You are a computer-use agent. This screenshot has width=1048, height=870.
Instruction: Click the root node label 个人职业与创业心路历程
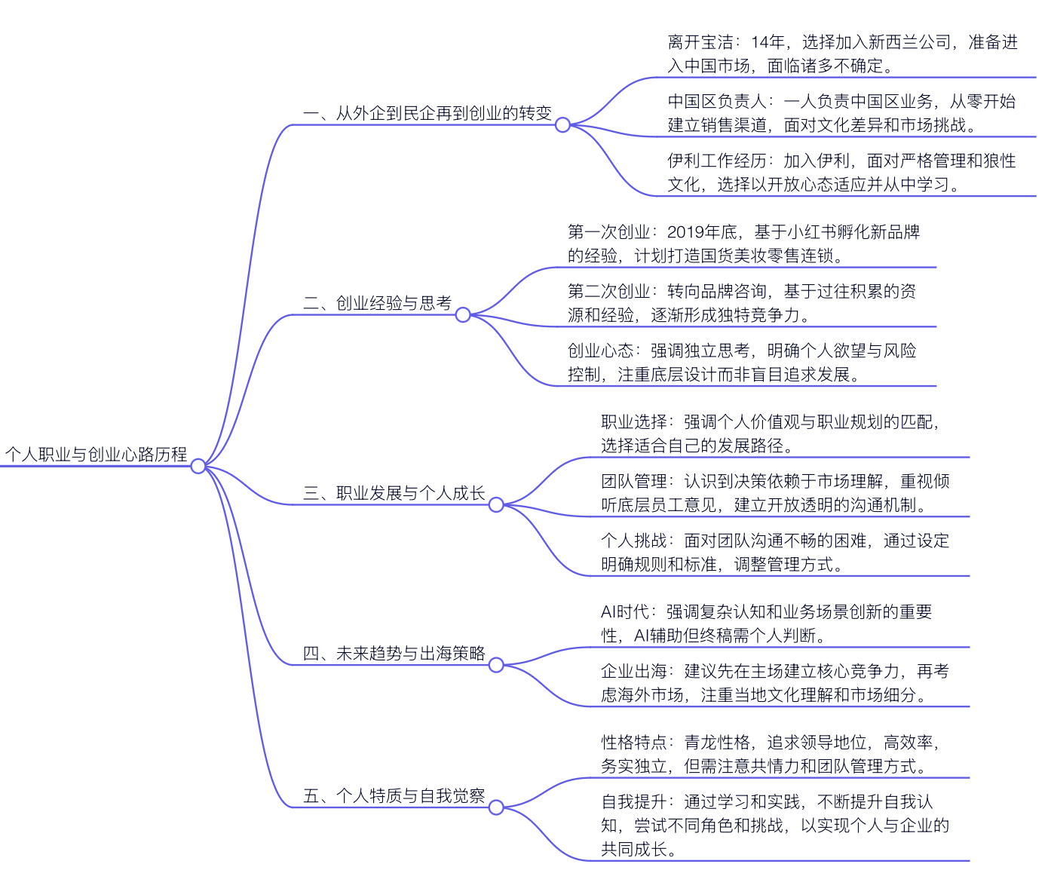tap(97, 454)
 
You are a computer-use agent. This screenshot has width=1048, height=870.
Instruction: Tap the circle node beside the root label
tap(198, 466)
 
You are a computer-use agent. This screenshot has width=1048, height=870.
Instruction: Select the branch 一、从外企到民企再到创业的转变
tap(427, 113)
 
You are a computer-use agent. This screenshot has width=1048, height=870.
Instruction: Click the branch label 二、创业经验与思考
tap(377, 303)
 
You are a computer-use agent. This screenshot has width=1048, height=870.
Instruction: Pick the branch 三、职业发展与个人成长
tap(394, 493)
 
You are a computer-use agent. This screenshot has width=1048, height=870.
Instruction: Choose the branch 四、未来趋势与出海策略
tap(394, 653)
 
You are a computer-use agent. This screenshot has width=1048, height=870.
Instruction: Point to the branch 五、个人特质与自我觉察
tap(394, 795)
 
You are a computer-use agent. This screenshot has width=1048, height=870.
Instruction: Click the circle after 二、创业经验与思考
tap(463, 314)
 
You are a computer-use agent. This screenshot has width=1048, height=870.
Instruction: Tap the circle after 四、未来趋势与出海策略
tap(496, 664)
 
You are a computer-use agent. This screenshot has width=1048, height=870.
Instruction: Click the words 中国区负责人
tap(717, 101)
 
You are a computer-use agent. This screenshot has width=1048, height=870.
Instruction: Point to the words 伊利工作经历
tap(717, 161)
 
